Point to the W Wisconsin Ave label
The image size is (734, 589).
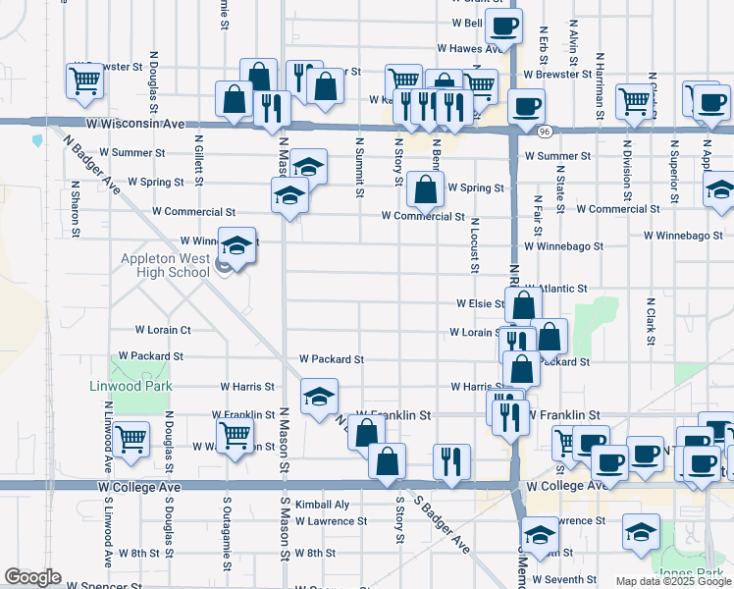tap(135, 125)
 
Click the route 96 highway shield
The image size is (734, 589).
tap(543, 131)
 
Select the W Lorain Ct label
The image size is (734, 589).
tap(163, 330)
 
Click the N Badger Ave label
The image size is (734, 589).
tap(96, 161)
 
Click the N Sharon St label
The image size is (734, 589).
tap(75, 208)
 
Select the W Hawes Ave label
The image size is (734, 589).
tap(471, 47)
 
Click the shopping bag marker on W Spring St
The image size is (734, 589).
tap(425, 189)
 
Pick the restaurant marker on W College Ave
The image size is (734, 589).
tap(451, 460)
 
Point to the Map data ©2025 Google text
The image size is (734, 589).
tap(673, 581)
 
